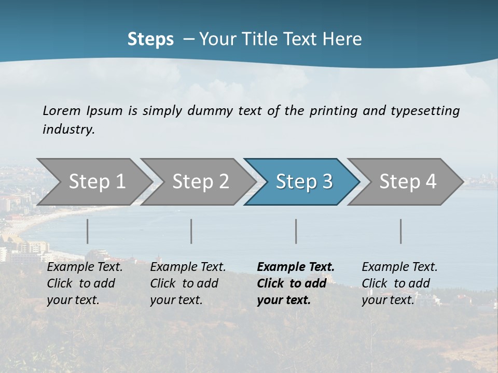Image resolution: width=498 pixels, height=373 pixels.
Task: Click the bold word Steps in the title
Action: [x=150, y=39]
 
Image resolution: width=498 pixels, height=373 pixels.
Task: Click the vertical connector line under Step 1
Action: [x=88, y=231]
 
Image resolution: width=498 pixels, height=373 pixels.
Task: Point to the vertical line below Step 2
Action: [x=191, y=231]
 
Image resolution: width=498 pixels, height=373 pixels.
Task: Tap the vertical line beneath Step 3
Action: [x=296, y=231]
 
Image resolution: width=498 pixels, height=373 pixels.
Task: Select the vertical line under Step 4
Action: [x=401, y=231]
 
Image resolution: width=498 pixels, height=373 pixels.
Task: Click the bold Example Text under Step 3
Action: [x=296, y=267]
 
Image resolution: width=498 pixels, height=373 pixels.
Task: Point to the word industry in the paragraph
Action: [x=68, y=130]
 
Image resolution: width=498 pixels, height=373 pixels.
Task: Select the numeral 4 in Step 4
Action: [x=430, y=182]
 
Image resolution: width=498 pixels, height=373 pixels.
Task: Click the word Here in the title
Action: [x=342, y=39]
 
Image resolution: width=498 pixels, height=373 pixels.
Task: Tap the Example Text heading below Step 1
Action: [x=85, y=267]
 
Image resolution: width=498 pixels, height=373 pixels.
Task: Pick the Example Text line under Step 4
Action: [x=399, y=267]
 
